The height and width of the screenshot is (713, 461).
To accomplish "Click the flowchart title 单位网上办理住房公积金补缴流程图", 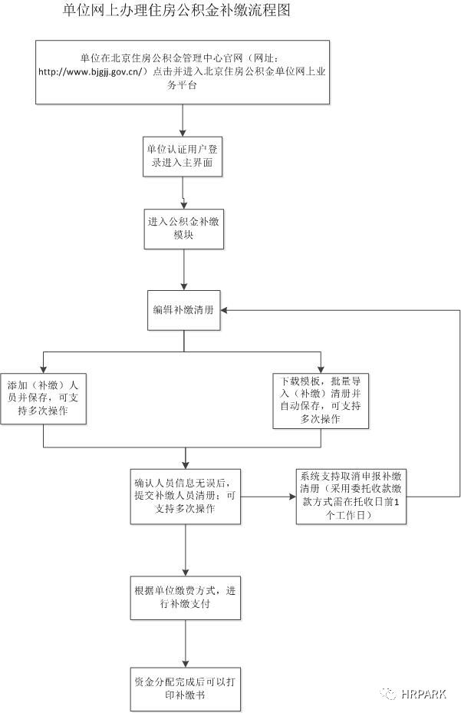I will tap(176, 11).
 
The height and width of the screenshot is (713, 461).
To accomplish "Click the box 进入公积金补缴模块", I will tap(183, 228).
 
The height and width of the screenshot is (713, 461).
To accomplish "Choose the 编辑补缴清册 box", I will tap(183, 310).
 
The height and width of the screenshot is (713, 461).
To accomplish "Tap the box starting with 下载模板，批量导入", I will tap(321, 400).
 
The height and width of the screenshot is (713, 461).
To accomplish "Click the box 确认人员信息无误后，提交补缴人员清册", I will tap(183, 497).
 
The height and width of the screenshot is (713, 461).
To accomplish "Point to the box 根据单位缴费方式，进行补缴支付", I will tap(183, 596).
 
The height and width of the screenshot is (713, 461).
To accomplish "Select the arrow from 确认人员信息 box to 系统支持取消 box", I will tap(268, 497).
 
